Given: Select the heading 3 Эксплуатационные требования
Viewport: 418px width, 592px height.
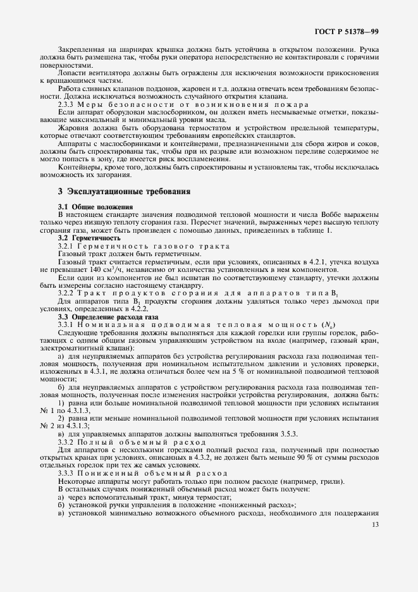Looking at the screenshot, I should [x=123, y=191].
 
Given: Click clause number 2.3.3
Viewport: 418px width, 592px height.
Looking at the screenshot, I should [x=68, y=104].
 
